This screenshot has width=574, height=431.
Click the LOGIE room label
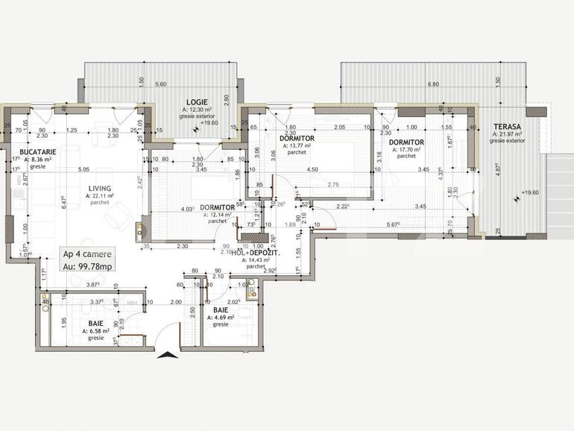click(x=197, y=101)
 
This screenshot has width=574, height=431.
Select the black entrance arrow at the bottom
click(x=169, y=354)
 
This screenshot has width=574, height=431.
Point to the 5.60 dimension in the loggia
click(x=160, y=85)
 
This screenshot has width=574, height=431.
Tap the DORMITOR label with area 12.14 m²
click(x=218, y=208)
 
